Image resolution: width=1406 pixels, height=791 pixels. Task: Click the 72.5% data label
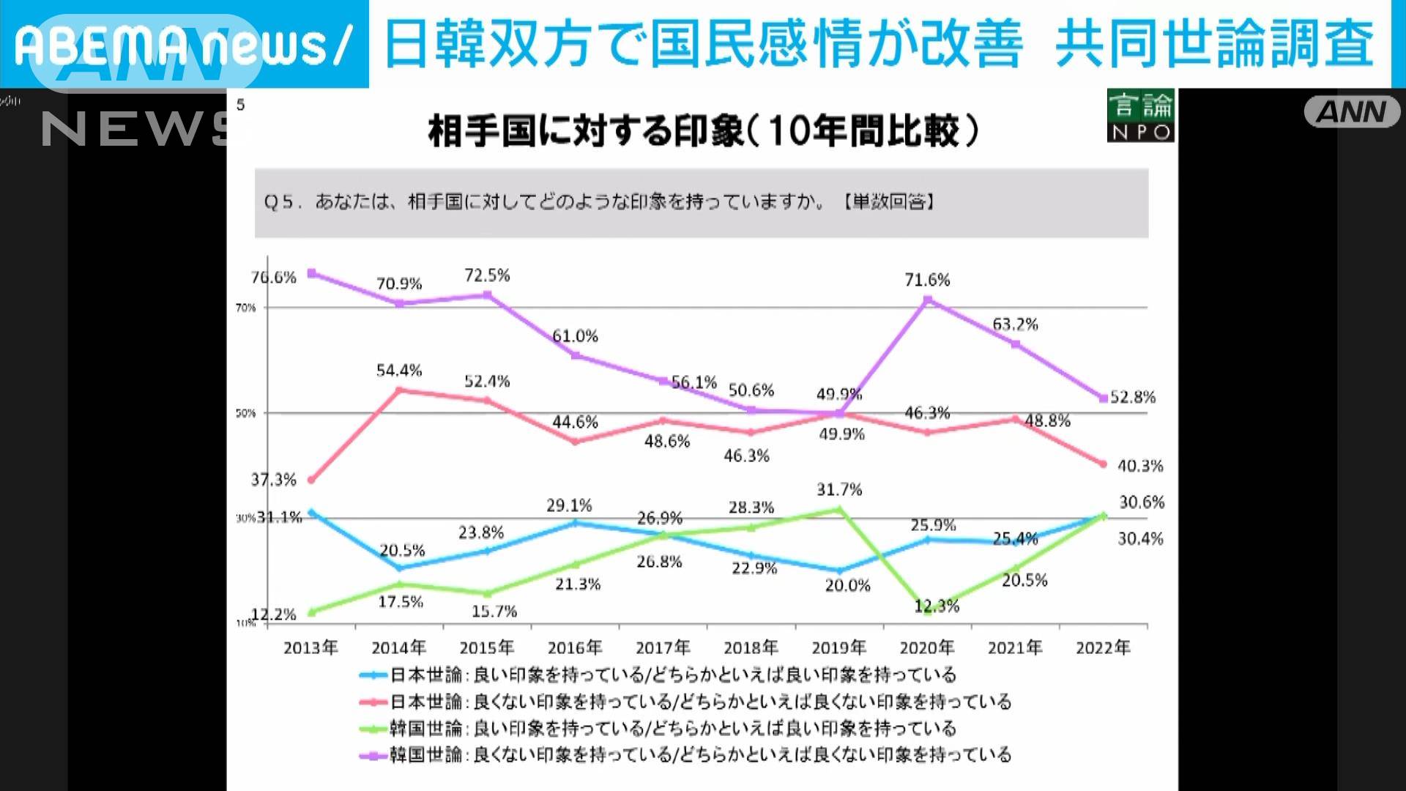point(487,275)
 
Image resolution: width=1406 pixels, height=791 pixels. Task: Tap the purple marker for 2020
point(927,300)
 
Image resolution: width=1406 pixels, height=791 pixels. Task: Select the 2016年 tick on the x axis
point(575,647)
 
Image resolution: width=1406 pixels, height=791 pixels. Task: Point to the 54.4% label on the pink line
point(399,371)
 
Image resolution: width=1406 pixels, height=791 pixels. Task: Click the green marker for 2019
point(839,508)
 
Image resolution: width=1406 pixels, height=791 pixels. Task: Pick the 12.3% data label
point(937,606)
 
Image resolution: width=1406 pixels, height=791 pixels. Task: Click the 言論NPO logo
point(1140,116)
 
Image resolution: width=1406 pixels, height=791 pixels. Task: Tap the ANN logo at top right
point(1351,112)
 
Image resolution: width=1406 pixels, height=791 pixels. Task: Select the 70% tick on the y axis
point(246,308)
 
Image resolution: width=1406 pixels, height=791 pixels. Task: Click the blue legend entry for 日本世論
point(659,675)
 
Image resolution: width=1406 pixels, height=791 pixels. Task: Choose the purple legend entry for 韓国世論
point(688,755)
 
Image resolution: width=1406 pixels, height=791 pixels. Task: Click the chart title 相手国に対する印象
point(703,132)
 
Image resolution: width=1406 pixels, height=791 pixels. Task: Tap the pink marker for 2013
point(310,480)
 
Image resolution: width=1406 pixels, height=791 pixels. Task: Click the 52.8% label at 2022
point(1132,398)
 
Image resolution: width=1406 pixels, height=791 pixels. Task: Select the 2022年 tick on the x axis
point(1103,647)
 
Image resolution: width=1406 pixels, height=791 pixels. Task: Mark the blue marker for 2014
point(400,568)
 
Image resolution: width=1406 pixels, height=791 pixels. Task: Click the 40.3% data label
point(1139,466)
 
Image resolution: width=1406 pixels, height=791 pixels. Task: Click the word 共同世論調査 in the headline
point(1213,44)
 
